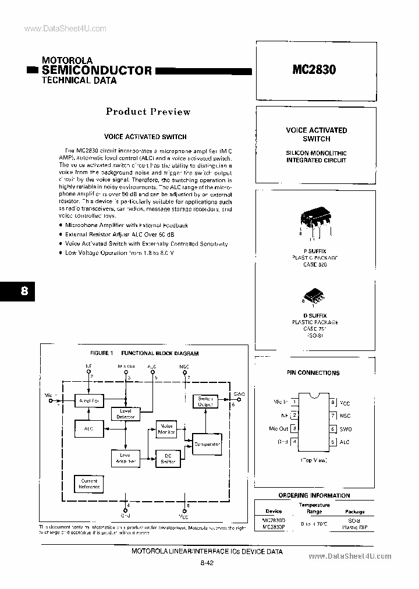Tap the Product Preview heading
[x=148, y=112]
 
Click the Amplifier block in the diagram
[x=88, y=400]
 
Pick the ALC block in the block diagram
[x=88, y=428]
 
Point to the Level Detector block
[x=126, y=414]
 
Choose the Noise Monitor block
[x=167, y=430]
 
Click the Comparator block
[x=207, y=445]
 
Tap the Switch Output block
[x=206, y=402]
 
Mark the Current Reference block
[x=88, y=484]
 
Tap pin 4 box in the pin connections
[x=295, y=442]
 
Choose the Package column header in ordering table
[x=355, y=512]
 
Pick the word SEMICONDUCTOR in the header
[x=97, y=71]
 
